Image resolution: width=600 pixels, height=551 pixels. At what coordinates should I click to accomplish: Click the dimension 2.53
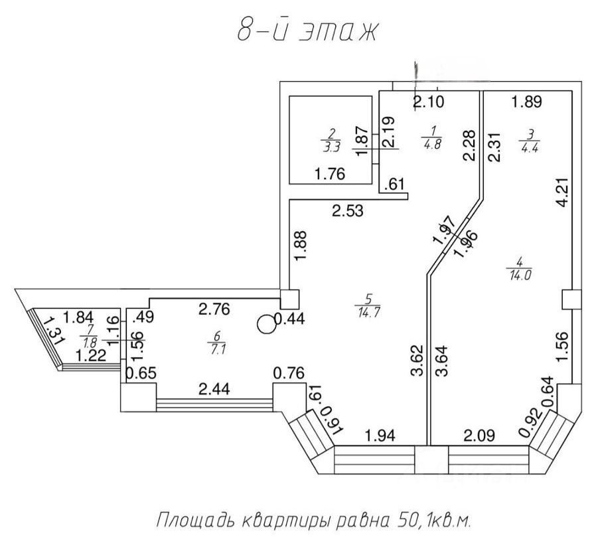click(x=348, y=212)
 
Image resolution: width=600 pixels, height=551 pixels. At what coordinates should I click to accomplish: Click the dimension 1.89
click(x=528, y=102)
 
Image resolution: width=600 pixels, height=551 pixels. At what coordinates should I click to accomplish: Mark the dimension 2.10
click(x=429, y=102)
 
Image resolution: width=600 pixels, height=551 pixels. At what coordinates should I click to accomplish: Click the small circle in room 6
click(x=265, y=323)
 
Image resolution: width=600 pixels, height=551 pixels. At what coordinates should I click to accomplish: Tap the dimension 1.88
click(x=301, y=246)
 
